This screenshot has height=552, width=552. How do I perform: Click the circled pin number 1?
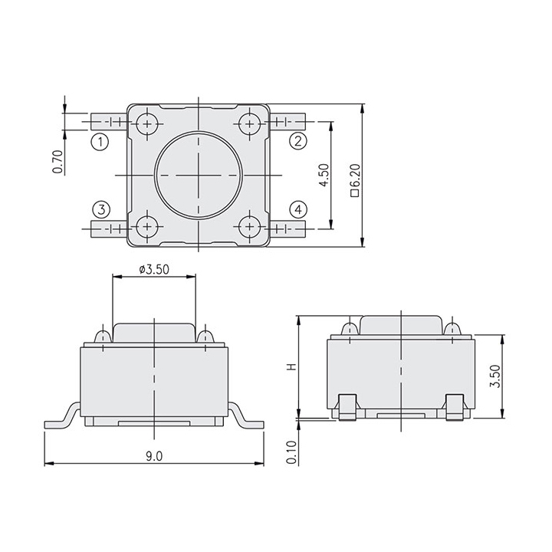pyautogui.click(x=100, y=142)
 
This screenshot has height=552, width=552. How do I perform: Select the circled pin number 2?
pyautogui.click(x=297, y=141)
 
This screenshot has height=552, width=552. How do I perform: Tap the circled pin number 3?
pyautogui.click(x=101, y=210)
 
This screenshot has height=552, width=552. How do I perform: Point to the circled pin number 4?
pyautogui.click(x=298, y=210)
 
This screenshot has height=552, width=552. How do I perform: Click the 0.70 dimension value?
pyautogui.click(x=58, y=162)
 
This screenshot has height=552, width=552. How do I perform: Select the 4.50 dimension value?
pyautogui.click(x=324, y=175)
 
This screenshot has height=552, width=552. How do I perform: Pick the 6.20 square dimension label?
pyautogui.click(x=356, y=179)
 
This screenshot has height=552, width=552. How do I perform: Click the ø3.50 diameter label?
pyautogui.click(x=154, y=270)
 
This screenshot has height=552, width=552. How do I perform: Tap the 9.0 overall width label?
pyautogui.click(x=154, y=456)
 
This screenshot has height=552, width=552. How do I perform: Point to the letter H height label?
pyautogui.click(x=292, y=366)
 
